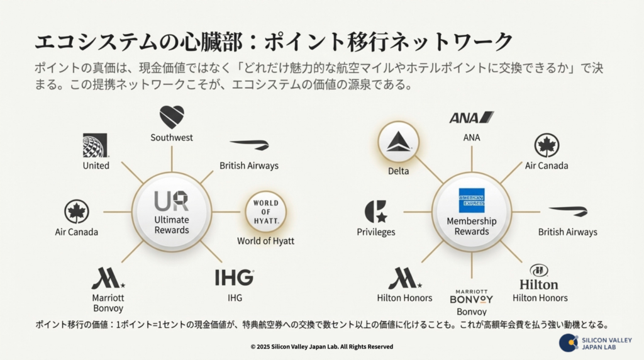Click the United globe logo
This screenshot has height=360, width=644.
pos(96,145)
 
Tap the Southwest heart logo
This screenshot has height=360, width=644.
pos(172,116)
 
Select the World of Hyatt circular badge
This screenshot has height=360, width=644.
pos(265,211)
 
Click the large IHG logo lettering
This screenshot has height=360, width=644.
pos(235,278)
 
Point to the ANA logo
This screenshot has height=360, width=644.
pos(471,118)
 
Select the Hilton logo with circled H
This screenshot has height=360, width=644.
pos(539,278)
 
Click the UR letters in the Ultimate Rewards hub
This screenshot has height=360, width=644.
pos(172,201)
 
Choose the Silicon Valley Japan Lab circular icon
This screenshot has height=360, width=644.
pos(569,342)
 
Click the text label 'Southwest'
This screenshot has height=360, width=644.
pos(172,137)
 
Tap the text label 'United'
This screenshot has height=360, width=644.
pos(96,166)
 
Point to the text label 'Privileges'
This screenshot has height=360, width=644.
pos(376,232)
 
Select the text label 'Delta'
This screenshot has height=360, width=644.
pos(399,171)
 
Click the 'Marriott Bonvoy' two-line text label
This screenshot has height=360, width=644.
pos(108,303)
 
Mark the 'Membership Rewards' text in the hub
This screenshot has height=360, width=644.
pos(472,226)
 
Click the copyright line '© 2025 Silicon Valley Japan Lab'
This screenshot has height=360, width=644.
pos(321,346)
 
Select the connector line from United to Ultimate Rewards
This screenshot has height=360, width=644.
pos(132,172)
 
